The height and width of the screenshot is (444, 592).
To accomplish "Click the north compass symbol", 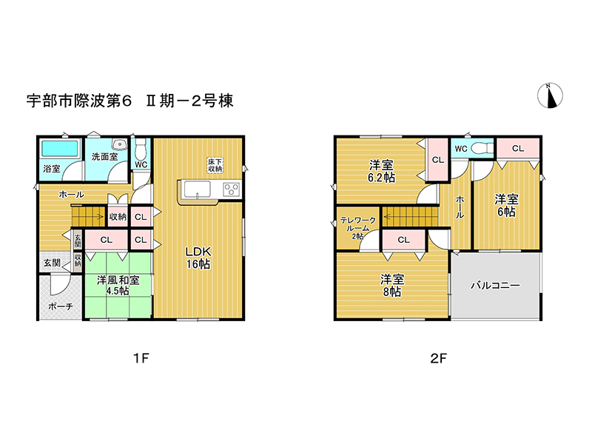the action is (550, 95).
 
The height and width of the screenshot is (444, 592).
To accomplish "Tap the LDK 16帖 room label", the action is (198, 258).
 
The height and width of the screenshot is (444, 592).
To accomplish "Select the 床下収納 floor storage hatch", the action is (215, 165).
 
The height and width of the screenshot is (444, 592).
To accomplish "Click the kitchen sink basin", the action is (197, 189).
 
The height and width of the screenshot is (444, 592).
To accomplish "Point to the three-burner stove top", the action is (231, 189).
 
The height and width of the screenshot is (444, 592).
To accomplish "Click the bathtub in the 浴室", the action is (60, 149).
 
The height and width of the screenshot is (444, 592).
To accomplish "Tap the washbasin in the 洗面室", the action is (119, 144).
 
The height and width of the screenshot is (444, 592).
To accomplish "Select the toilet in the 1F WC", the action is (141, 149).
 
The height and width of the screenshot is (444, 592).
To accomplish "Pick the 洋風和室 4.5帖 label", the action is (118, 286).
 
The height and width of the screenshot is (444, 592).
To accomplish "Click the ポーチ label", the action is (61, 306).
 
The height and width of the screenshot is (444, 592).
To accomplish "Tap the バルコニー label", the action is (495, 285).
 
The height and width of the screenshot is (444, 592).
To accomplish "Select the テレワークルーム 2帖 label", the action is (358, 228).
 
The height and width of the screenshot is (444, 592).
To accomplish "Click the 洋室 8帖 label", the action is (392, 286).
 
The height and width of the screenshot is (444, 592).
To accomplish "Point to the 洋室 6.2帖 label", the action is (381, 171).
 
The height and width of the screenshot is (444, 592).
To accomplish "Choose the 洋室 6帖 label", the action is (506, 205).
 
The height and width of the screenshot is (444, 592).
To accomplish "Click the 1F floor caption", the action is (141, 358).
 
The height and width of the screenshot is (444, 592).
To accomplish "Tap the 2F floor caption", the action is (438, 358).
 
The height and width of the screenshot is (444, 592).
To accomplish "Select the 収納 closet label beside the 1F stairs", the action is (118, 217).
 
